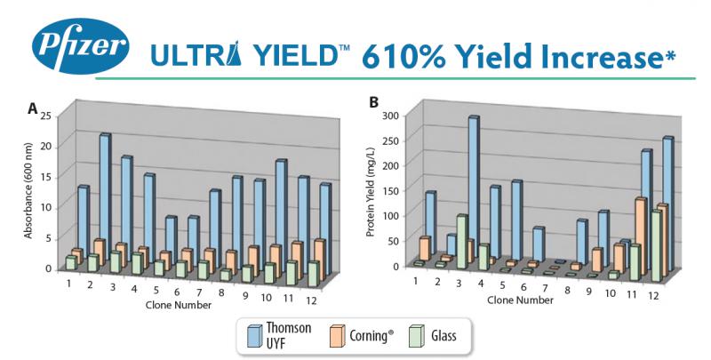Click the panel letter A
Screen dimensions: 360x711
pos(32,108)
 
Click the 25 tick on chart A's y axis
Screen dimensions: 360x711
pos(47,115)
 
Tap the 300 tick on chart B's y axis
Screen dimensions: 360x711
pos(389,116)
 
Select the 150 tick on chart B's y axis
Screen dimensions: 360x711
pos(389,190)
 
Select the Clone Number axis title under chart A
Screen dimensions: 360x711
pos(178,305)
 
